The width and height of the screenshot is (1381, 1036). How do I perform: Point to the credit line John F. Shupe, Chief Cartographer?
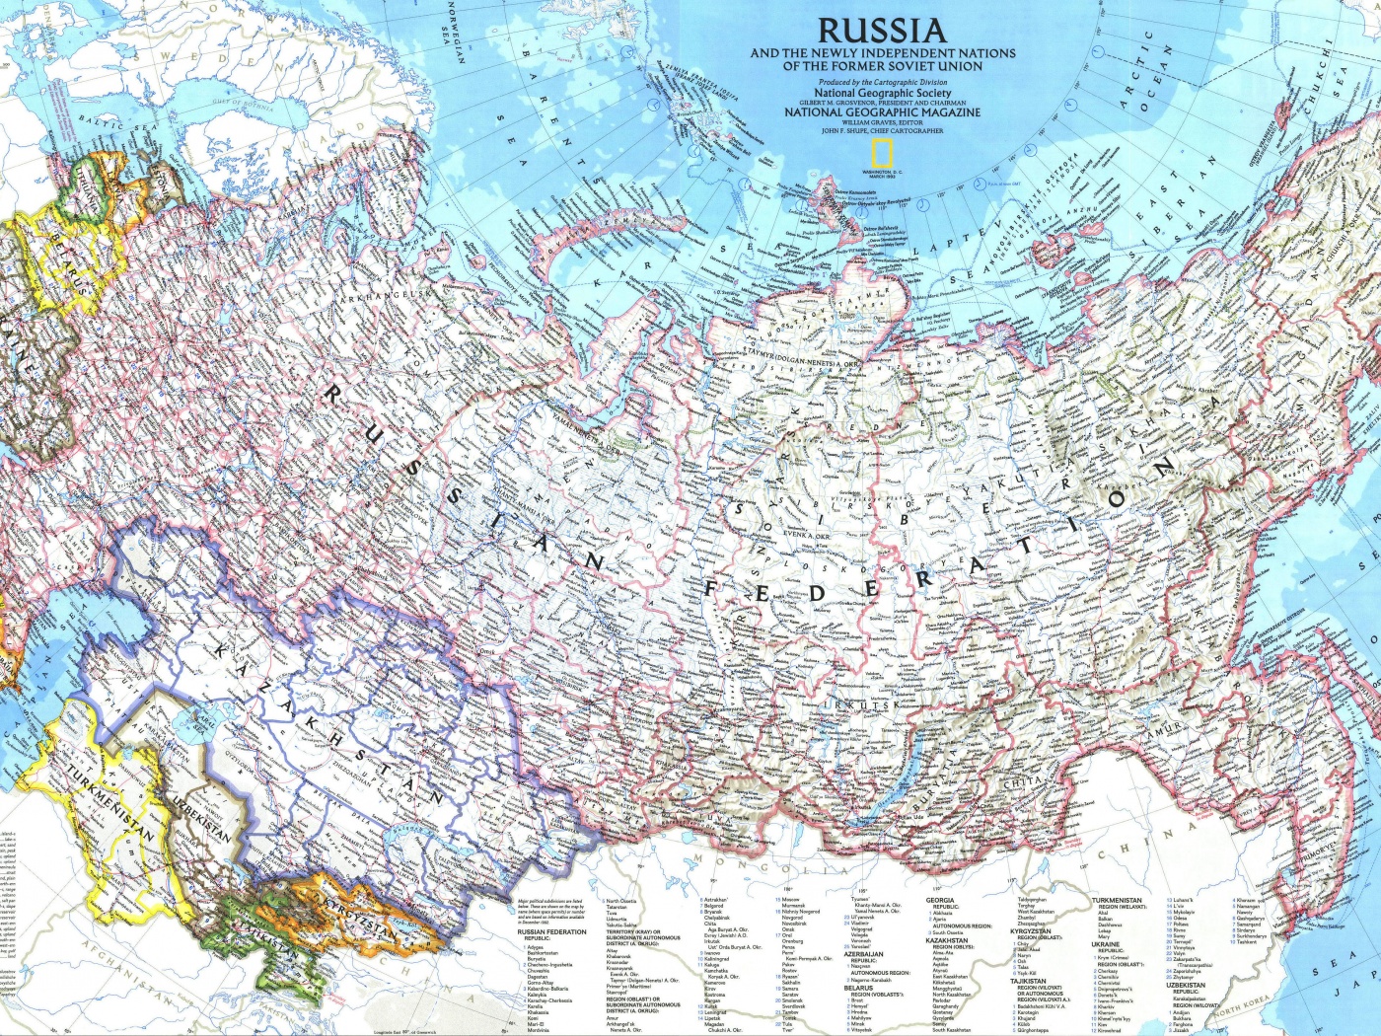882,130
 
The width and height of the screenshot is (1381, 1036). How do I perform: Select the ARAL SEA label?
204,718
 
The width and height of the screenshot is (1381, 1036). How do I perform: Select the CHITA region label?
1021,782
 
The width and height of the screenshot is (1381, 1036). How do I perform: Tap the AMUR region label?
1165,731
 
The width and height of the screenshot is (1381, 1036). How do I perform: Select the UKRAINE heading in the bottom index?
1105,944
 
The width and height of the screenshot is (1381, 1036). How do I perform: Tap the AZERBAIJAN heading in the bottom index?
863,954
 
